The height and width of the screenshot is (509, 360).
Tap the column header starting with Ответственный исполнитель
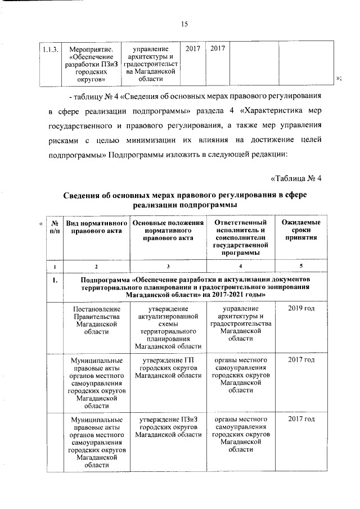click(241, 236)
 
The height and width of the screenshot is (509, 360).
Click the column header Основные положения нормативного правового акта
click(168, 232)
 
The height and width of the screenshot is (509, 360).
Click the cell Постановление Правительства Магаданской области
click(96, 321)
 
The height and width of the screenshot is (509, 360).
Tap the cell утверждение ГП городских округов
click(168, 367)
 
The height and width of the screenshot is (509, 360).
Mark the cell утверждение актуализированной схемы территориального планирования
click(168, 328)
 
